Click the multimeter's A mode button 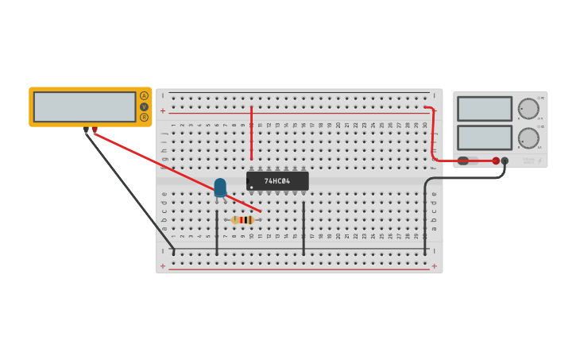[x=144, y=96]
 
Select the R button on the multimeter [x=144, y=118]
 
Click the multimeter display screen [x=85, y=106]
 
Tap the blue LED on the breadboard [x=220, y=188]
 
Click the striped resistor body [x=243, y=220]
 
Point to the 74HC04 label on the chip [x=277, y=181]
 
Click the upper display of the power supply [x=485, y=109]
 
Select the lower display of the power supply [x=485, y=137]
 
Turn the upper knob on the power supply [x=528, y=109]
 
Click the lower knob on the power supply [x=528, y=138]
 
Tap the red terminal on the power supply [x=496, y=161]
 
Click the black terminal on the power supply [x=504, y=161]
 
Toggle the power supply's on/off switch [x=465, y=161]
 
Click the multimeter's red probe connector [x=95, y=130]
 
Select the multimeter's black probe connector [x=86, y=130]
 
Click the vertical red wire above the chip [x=252, y=135]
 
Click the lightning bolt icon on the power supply [x=540, y=161]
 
